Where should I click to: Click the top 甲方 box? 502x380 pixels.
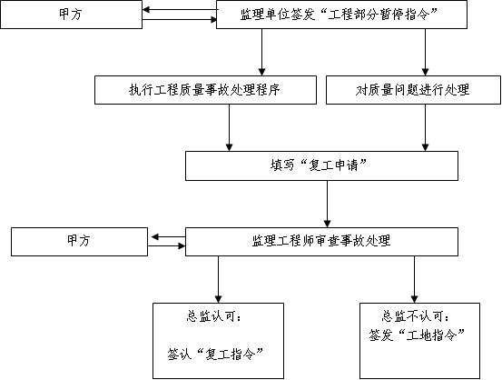(x=71, y=15)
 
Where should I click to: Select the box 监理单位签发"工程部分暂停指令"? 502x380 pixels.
(x=341, y=15)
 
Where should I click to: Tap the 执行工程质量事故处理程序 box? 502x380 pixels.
(x=205, y=90)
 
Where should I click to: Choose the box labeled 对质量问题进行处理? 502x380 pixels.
(x=413, y=90)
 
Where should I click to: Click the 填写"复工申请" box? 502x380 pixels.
(x=321, y=165)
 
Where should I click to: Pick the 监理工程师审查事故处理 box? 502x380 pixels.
(x=321, y=242)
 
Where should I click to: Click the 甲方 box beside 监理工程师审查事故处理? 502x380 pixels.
(x=79, y=242)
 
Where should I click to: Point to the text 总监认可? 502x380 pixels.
(x=213, y=316)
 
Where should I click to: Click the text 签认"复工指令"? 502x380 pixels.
(x=215, y=354)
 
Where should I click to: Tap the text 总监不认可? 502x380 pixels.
(x=415, y=316)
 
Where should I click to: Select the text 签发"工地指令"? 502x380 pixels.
(x=417, y=335)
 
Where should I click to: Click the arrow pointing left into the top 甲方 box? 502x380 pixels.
(x=180, y=10)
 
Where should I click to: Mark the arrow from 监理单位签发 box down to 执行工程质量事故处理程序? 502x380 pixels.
(x=261, y=52)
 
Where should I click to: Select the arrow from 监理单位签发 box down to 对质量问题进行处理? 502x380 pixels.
(x=425, y=52)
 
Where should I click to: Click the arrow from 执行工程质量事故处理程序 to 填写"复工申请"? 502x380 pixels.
(x=230, y=127)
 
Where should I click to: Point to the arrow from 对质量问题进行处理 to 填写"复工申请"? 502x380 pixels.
(x=425, y=127)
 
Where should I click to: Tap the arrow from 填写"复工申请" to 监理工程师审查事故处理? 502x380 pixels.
(x=327, y=204)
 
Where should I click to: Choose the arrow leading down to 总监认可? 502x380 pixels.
(x=219, y=280)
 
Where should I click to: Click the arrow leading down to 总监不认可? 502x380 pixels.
(x=414, y=280)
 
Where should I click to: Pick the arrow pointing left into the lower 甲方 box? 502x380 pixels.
(x=169, y=237)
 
